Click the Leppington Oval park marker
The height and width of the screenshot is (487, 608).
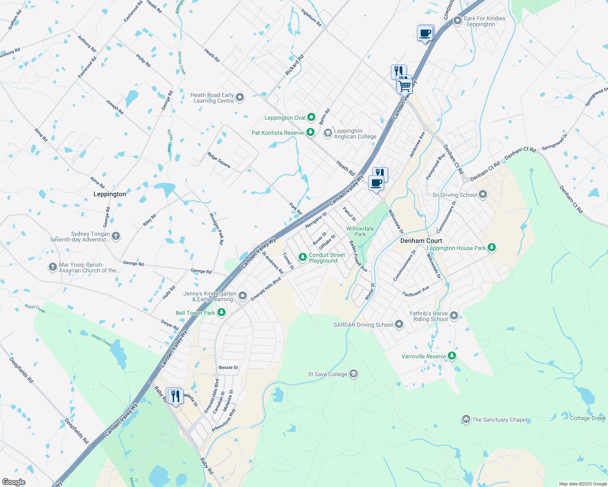click(x=311, y=117)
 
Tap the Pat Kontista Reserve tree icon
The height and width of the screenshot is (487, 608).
click(x=311, y=132)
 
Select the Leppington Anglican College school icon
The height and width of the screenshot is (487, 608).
click(x=328, y=134)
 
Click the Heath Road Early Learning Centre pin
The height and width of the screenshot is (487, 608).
click(x=240, y=97)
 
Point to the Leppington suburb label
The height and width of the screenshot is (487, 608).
click(x=110, y=194)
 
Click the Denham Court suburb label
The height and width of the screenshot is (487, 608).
click(x=421, y=241)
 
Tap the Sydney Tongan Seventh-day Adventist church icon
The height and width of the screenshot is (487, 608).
click(x=116, y=236)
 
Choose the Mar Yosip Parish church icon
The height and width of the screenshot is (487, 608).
click(x=52, y=267)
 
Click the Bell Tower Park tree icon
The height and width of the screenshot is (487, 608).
click(x=221, y=312)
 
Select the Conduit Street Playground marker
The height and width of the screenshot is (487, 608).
click(x=302, y=257)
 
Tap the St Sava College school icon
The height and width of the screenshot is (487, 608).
click(x=354, y=374)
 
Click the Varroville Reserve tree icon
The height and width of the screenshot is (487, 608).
click(x=452, y=356)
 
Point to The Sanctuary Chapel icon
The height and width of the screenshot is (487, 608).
click(x=466, y=419)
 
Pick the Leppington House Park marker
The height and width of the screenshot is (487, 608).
click(x=492, y=248)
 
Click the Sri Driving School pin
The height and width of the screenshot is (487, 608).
click(x=483, y=194)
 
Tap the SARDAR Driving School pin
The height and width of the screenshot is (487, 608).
click(x=399, y=324)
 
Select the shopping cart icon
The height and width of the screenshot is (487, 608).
click(x=405, y=86)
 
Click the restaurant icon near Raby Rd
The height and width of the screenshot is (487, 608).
click(x=175, y=396)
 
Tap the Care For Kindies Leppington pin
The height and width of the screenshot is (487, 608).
click(x=458, y=21)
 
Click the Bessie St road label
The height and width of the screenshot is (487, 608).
click(x=228, y=367)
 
